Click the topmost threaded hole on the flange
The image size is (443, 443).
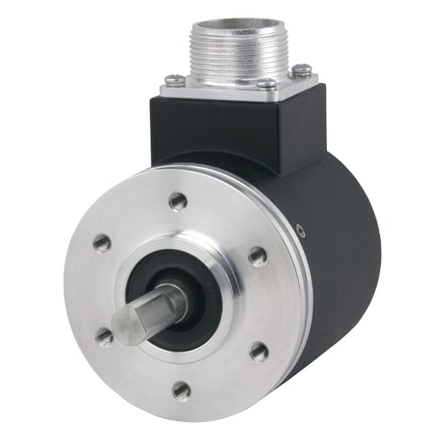(178, 202)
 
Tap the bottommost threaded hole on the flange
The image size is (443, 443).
(182, 391)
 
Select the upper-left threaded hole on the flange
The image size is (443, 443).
(102, 242)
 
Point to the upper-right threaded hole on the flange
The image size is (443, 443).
(258, 257)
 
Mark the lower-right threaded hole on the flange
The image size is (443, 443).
(259, 350)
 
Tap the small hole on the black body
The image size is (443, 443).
(300, 231)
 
